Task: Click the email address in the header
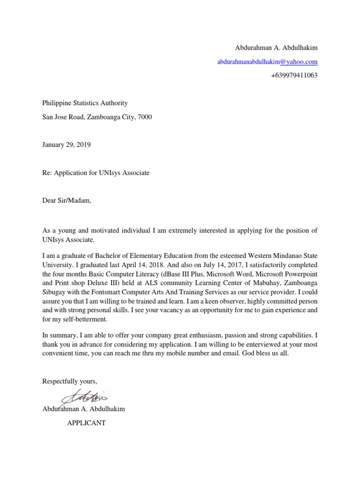(267, 61)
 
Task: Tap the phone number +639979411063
(294, 75)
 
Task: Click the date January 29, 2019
(67, 145)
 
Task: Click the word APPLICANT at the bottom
(87, 423)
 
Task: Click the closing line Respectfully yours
(69, 381)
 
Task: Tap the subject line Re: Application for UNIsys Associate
(96, 172)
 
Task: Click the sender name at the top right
(276, 48)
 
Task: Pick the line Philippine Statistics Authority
(85, 103)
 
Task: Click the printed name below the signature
(83, 409)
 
